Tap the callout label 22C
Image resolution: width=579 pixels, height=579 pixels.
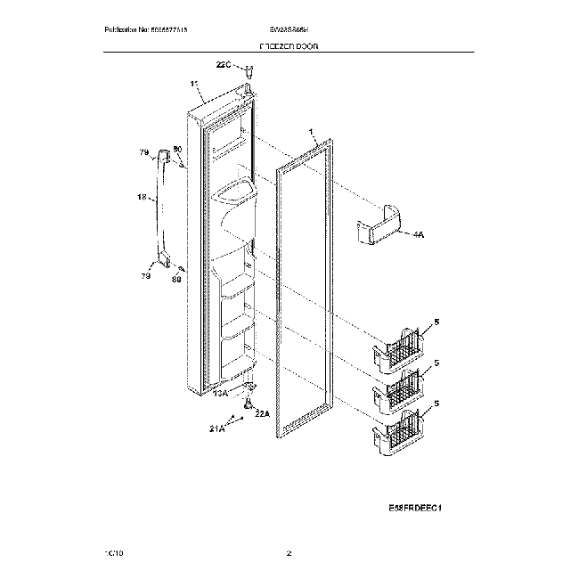[224, 64]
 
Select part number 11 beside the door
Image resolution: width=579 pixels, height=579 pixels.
[194, 86]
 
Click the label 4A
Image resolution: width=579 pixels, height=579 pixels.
[420, 235]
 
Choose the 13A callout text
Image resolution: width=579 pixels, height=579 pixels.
[219, 393]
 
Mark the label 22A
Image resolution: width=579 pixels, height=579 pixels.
[262, 412]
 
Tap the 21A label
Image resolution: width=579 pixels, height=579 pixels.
[216, 429]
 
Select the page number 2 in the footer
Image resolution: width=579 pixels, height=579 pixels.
[289, 554]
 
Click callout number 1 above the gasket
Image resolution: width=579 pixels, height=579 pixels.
[312, 132]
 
